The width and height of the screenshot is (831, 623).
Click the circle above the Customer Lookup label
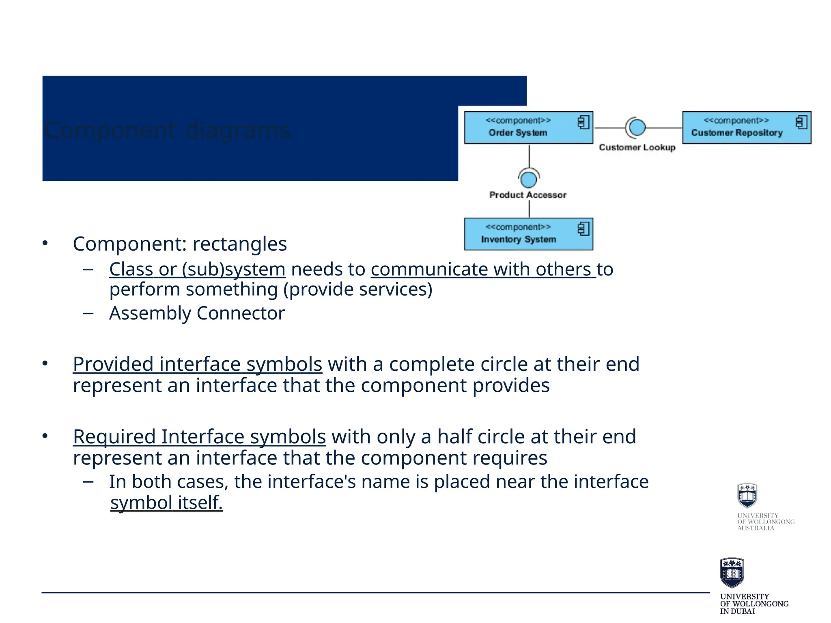637,127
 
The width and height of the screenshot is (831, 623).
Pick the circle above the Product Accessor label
528,179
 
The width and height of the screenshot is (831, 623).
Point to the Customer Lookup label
637,147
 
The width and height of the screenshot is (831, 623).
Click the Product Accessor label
527,195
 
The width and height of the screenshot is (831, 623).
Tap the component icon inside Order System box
583,122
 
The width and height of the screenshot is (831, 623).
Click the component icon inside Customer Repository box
801,122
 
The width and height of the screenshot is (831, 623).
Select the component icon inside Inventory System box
583,229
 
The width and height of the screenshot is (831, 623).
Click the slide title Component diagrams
167,131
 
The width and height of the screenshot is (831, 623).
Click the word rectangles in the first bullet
239,244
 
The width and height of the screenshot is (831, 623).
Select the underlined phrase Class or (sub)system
197,269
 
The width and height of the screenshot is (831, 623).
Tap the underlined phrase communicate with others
482,269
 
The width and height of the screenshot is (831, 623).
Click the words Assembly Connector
197,313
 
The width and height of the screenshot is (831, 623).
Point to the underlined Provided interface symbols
197,364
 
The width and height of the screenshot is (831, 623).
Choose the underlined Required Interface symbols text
199,437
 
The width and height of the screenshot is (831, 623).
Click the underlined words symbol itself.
166,503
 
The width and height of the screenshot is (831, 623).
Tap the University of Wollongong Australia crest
747,496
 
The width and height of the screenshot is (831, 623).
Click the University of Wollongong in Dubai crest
732,573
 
